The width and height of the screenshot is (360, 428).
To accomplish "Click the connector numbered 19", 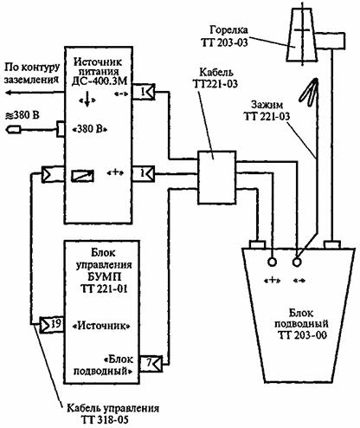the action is coord(51,324).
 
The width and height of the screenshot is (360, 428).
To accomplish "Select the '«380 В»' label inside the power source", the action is coord(90,129).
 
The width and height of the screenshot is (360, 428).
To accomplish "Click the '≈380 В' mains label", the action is coord(22,115).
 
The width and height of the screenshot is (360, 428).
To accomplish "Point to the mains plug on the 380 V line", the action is coord(13,130).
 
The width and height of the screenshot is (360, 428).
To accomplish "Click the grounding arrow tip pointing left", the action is coord(7,93).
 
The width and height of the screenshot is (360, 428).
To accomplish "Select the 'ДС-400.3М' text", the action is coord(100,81).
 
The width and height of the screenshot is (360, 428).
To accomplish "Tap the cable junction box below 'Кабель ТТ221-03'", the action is coord(216,178).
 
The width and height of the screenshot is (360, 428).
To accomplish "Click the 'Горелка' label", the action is coord(228,30).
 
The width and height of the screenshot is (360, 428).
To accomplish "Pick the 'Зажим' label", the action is coord(267,105).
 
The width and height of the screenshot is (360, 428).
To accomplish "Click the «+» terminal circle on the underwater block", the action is coord(272,262).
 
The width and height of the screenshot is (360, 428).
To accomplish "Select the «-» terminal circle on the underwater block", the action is coord(297,262).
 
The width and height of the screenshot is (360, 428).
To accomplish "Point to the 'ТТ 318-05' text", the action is coord(104,420).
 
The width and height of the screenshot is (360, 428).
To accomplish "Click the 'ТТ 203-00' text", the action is coord(302,335).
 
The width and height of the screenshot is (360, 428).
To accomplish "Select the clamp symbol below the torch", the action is coord(308,92).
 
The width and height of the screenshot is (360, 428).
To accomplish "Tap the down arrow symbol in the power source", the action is coord(87,101).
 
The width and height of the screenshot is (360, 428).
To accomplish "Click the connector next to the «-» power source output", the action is coord(143,92).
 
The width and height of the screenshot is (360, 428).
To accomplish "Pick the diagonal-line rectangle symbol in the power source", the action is coord(82,176).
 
